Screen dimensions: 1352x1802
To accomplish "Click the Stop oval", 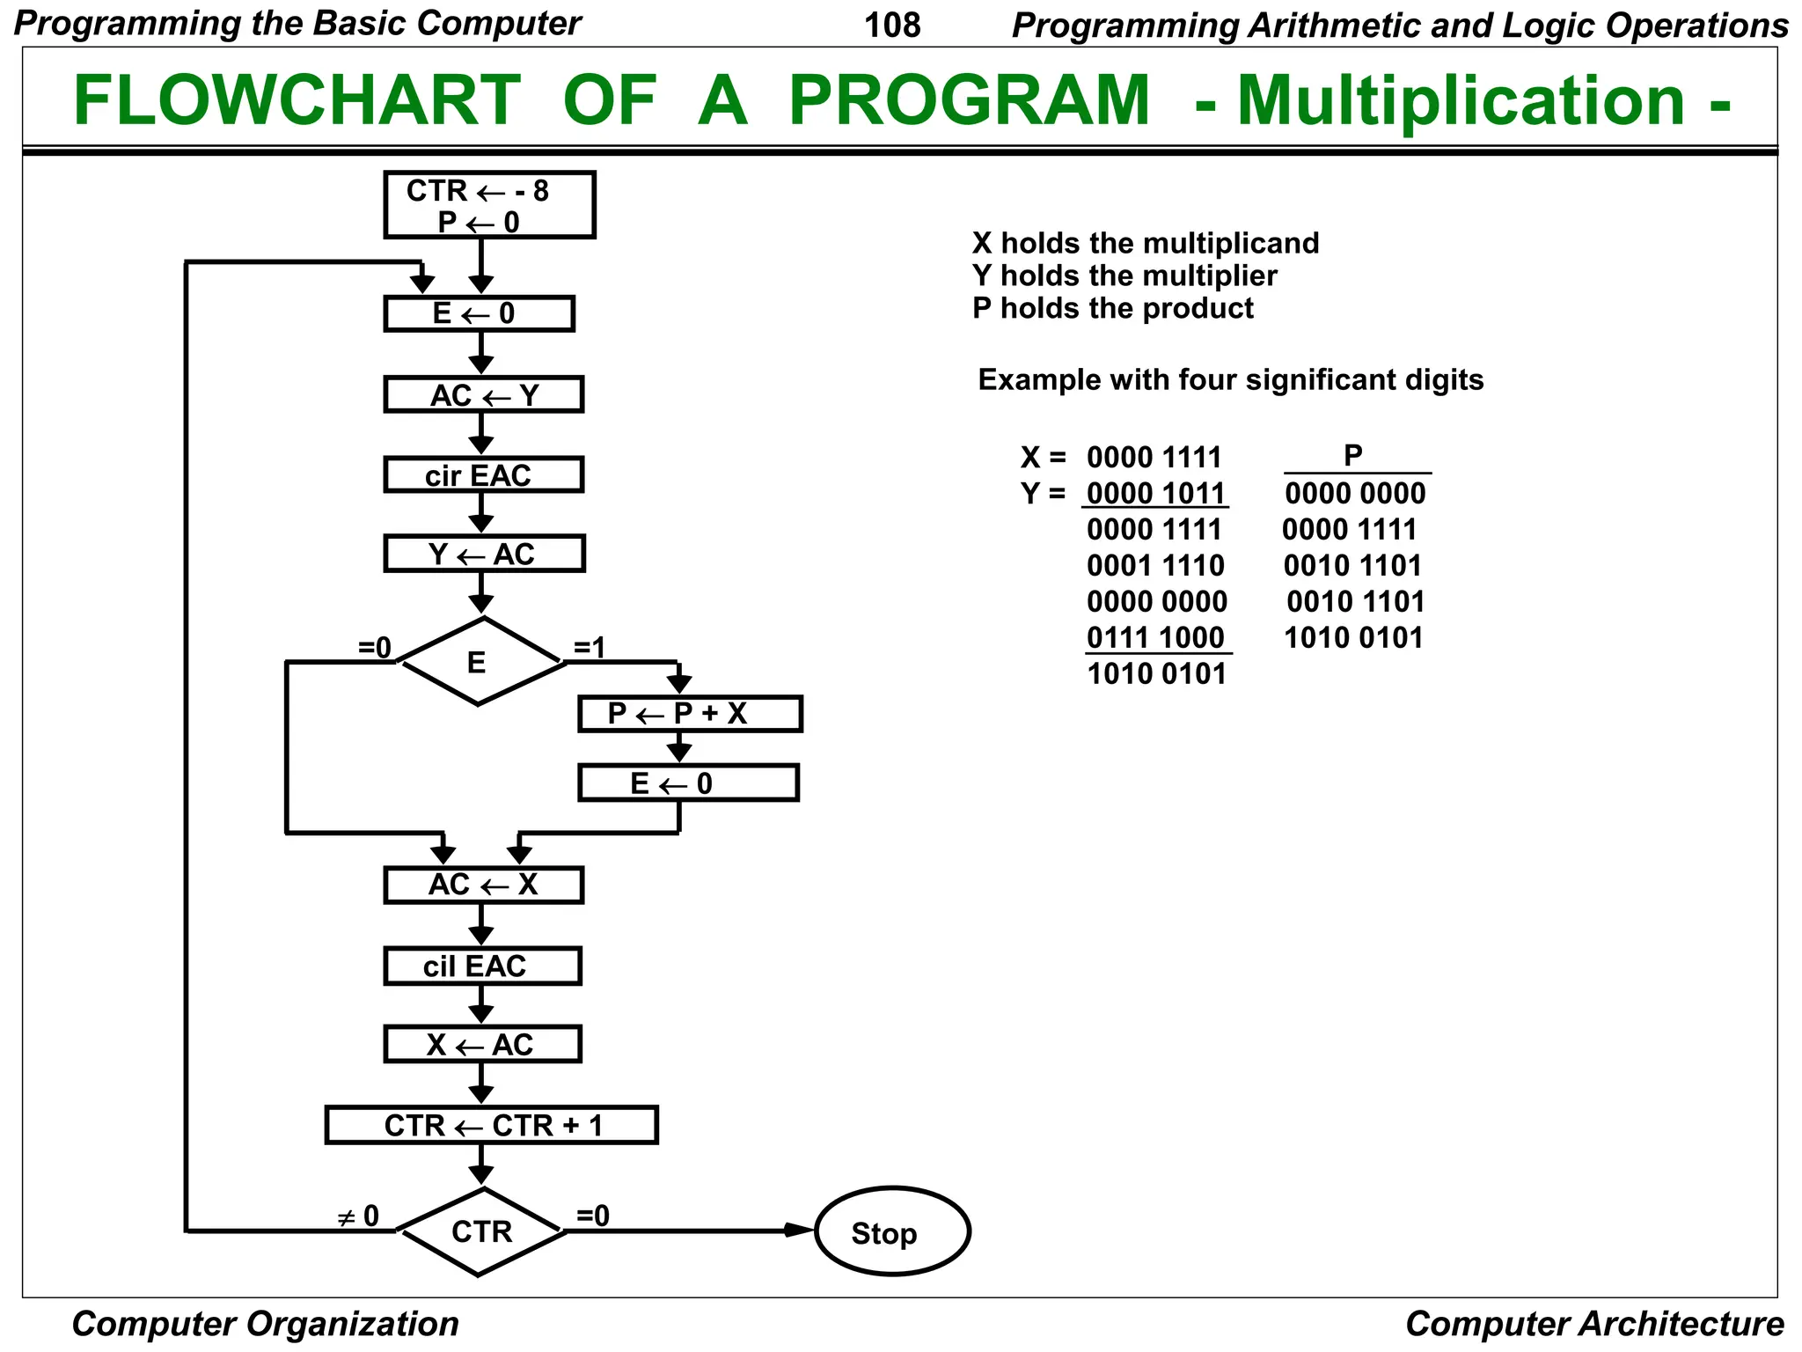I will (891, 1231).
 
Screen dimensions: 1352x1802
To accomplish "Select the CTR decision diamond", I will (480, 1231).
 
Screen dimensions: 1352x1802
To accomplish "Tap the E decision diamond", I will (478, 662).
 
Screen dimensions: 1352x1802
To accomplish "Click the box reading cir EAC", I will (483, 475).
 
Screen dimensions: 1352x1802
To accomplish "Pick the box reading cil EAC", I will (482, 966).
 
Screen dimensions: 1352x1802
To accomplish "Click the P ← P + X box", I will (689, 714).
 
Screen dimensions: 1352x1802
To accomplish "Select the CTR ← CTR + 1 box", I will (491, 1126).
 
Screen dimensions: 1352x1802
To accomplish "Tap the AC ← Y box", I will (483, 395).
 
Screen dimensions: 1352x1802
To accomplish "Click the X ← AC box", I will (482, 1045).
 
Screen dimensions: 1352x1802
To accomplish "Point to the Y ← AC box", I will (484, 555).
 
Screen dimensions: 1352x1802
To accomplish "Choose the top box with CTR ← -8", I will (489, 205).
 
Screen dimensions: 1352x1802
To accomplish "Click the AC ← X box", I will (483, 885).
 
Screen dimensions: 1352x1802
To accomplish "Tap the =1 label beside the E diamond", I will (590, 649).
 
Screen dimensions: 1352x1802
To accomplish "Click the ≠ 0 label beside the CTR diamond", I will (359, 1217).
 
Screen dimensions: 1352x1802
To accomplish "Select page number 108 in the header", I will (892, 25).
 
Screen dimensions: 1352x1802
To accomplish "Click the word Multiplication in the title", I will (1460, 100).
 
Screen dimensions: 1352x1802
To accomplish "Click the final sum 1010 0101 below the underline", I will (1156, 674).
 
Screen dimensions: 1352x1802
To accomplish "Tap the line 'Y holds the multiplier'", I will (1124, 276).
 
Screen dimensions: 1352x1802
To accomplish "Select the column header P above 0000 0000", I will (1352, 455).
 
